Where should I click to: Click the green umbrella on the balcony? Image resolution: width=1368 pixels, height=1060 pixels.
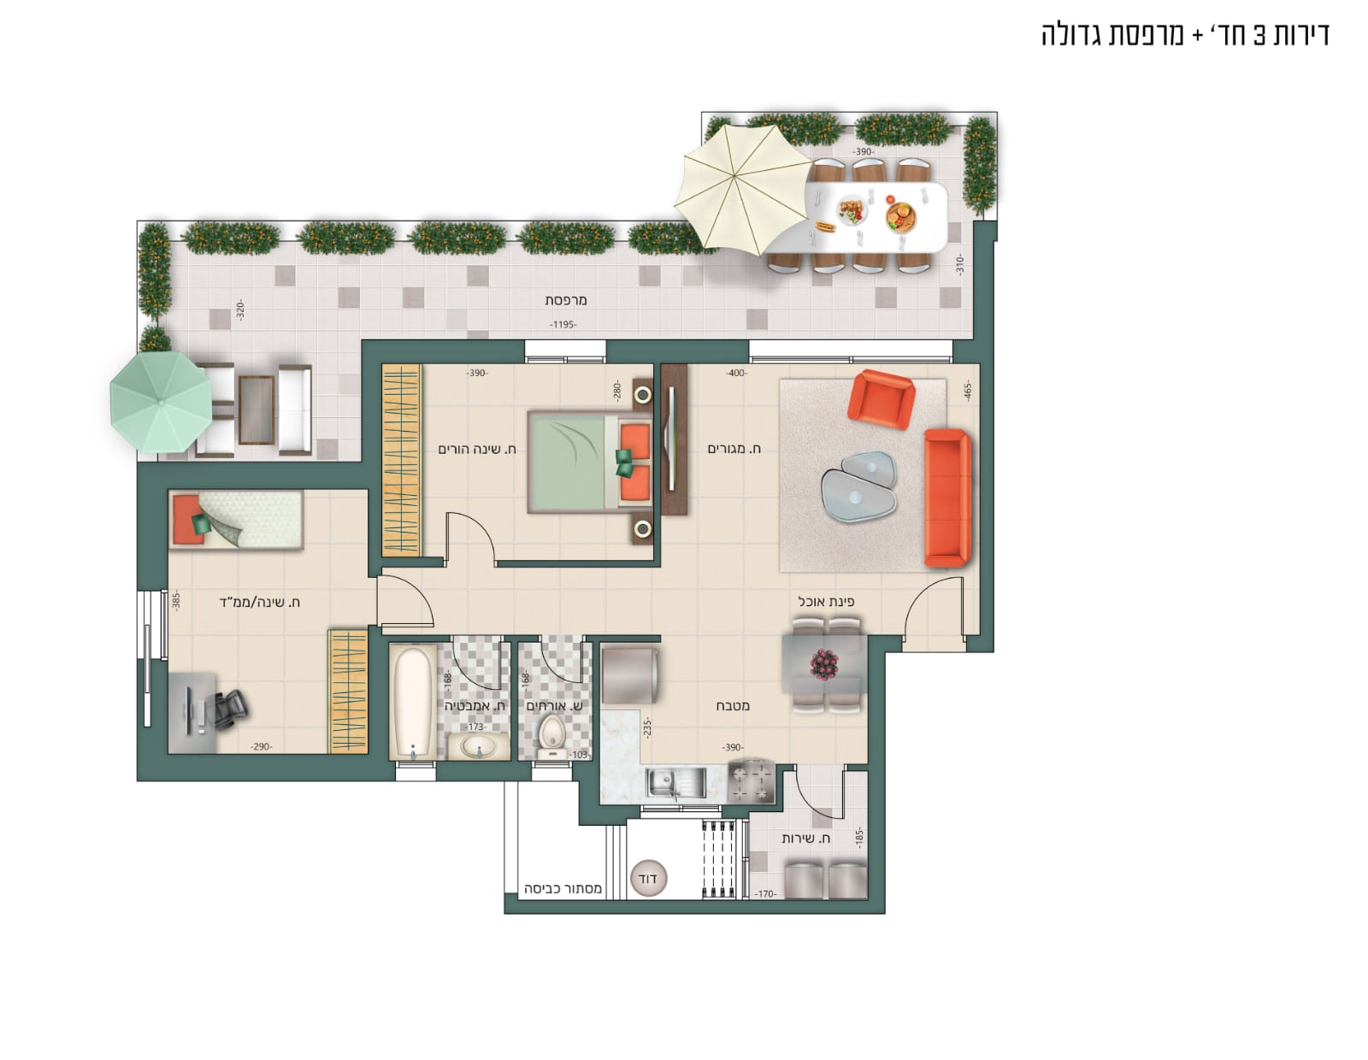(x=161, y=402)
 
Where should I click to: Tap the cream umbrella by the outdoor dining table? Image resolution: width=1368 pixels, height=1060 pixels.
(x=743, y=189)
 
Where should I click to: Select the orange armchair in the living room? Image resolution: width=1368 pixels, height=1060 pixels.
(x=881, y=398)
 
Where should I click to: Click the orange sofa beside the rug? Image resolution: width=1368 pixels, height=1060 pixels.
(x=946, y=498)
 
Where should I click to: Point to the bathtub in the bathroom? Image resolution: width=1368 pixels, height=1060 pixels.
(x=412, y=702)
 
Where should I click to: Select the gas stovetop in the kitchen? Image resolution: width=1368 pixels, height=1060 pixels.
(x=752, y=782)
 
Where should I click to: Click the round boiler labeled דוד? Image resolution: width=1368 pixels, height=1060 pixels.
(x=648, y=877)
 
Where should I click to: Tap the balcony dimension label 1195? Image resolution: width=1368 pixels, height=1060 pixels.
(x=563, y=324)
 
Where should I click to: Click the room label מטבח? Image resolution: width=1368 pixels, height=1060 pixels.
(x=733, y=705)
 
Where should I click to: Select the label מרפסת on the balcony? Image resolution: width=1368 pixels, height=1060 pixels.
(x=565, y=299)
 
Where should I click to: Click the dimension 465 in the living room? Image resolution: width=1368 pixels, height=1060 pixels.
(x=968, y=391)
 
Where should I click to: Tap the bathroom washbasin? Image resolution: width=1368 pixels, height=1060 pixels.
(x=479, y=747)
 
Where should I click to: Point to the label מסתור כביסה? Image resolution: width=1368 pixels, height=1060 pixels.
(x=563, y=888)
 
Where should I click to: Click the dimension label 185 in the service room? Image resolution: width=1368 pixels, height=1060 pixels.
(x=859, y=838)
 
